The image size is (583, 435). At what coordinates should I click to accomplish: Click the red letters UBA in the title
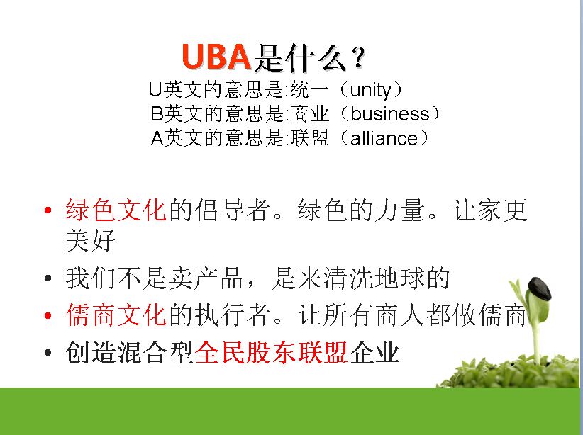pyautogui.click(x=216, y=57)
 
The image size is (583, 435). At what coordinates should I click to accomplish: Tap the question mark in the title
pyautogui.click(x=359, y=57)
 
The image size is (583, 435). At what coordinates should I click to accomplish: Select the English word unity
pyautogui.click(x=371, y=90)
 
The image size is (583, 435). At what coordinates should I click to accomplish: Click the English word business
pyautogui.click(x=390, y=113)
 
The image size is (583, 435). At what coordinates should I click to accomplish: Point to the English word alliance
pyautogui.click(x=384, y=138)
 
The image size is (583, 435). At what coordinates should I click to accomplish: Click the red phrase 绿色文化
pyautogui.click(x=116, y=210)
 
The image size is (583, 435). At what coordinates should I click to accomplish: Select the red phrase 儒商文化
pyautogui.click(x=116, y=315)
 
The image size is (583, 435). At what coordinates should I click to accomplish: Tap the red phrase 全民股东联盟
pyautogui.click(x=271, y=352)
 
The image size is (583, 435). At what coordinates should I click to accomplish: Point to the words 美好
pyautogui.click(x=90, y=241)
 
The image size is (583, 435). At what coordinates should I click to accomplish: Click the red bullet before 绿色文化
pyautogui.click(x=48, y=210)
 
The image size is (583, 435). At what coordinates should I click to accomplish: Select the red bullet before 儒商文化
pyautogui.click(x=48, y=316)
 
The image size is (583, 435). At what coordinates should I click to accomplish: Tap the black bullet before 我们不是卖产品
pyautogui.click(x=48, y=278)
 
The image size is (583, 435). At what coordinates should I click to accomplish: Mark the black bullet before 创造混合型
pyautogui.click(x=48, y=352)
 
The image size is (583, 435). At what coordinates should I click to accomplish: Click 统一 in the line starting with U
pyautogui.click(x=309, y=89)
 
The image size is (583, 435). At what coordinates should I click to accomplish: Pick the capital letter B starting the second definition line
pyautogui.click(x=157, y=113)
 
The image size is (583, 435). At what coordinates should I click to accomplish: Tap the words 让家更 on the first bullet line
pyautogui.click(x=490, y=210)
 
